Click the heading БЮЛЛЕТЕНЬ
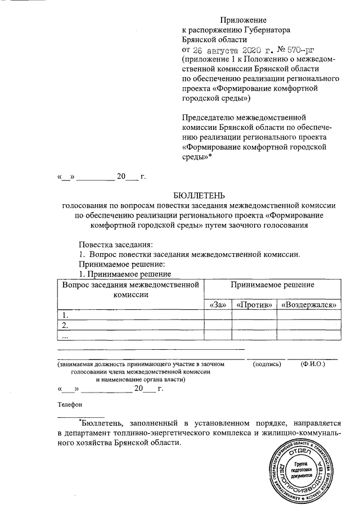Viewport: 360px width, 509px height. pos(199,196)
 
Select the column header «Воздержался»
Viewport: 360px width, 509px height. pos(310,305)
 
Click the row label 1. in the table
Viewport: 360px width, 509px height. pos(66,315)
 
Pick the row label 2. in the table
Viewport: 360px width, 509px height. pos(66,325)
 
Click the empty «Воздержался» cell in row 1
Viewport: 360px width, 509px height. pos(310,315)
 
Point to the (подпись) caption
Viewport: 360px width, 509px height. pos(267,364)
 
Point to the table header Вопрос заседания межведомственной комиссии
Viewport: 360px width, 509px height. pos(131,290)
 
